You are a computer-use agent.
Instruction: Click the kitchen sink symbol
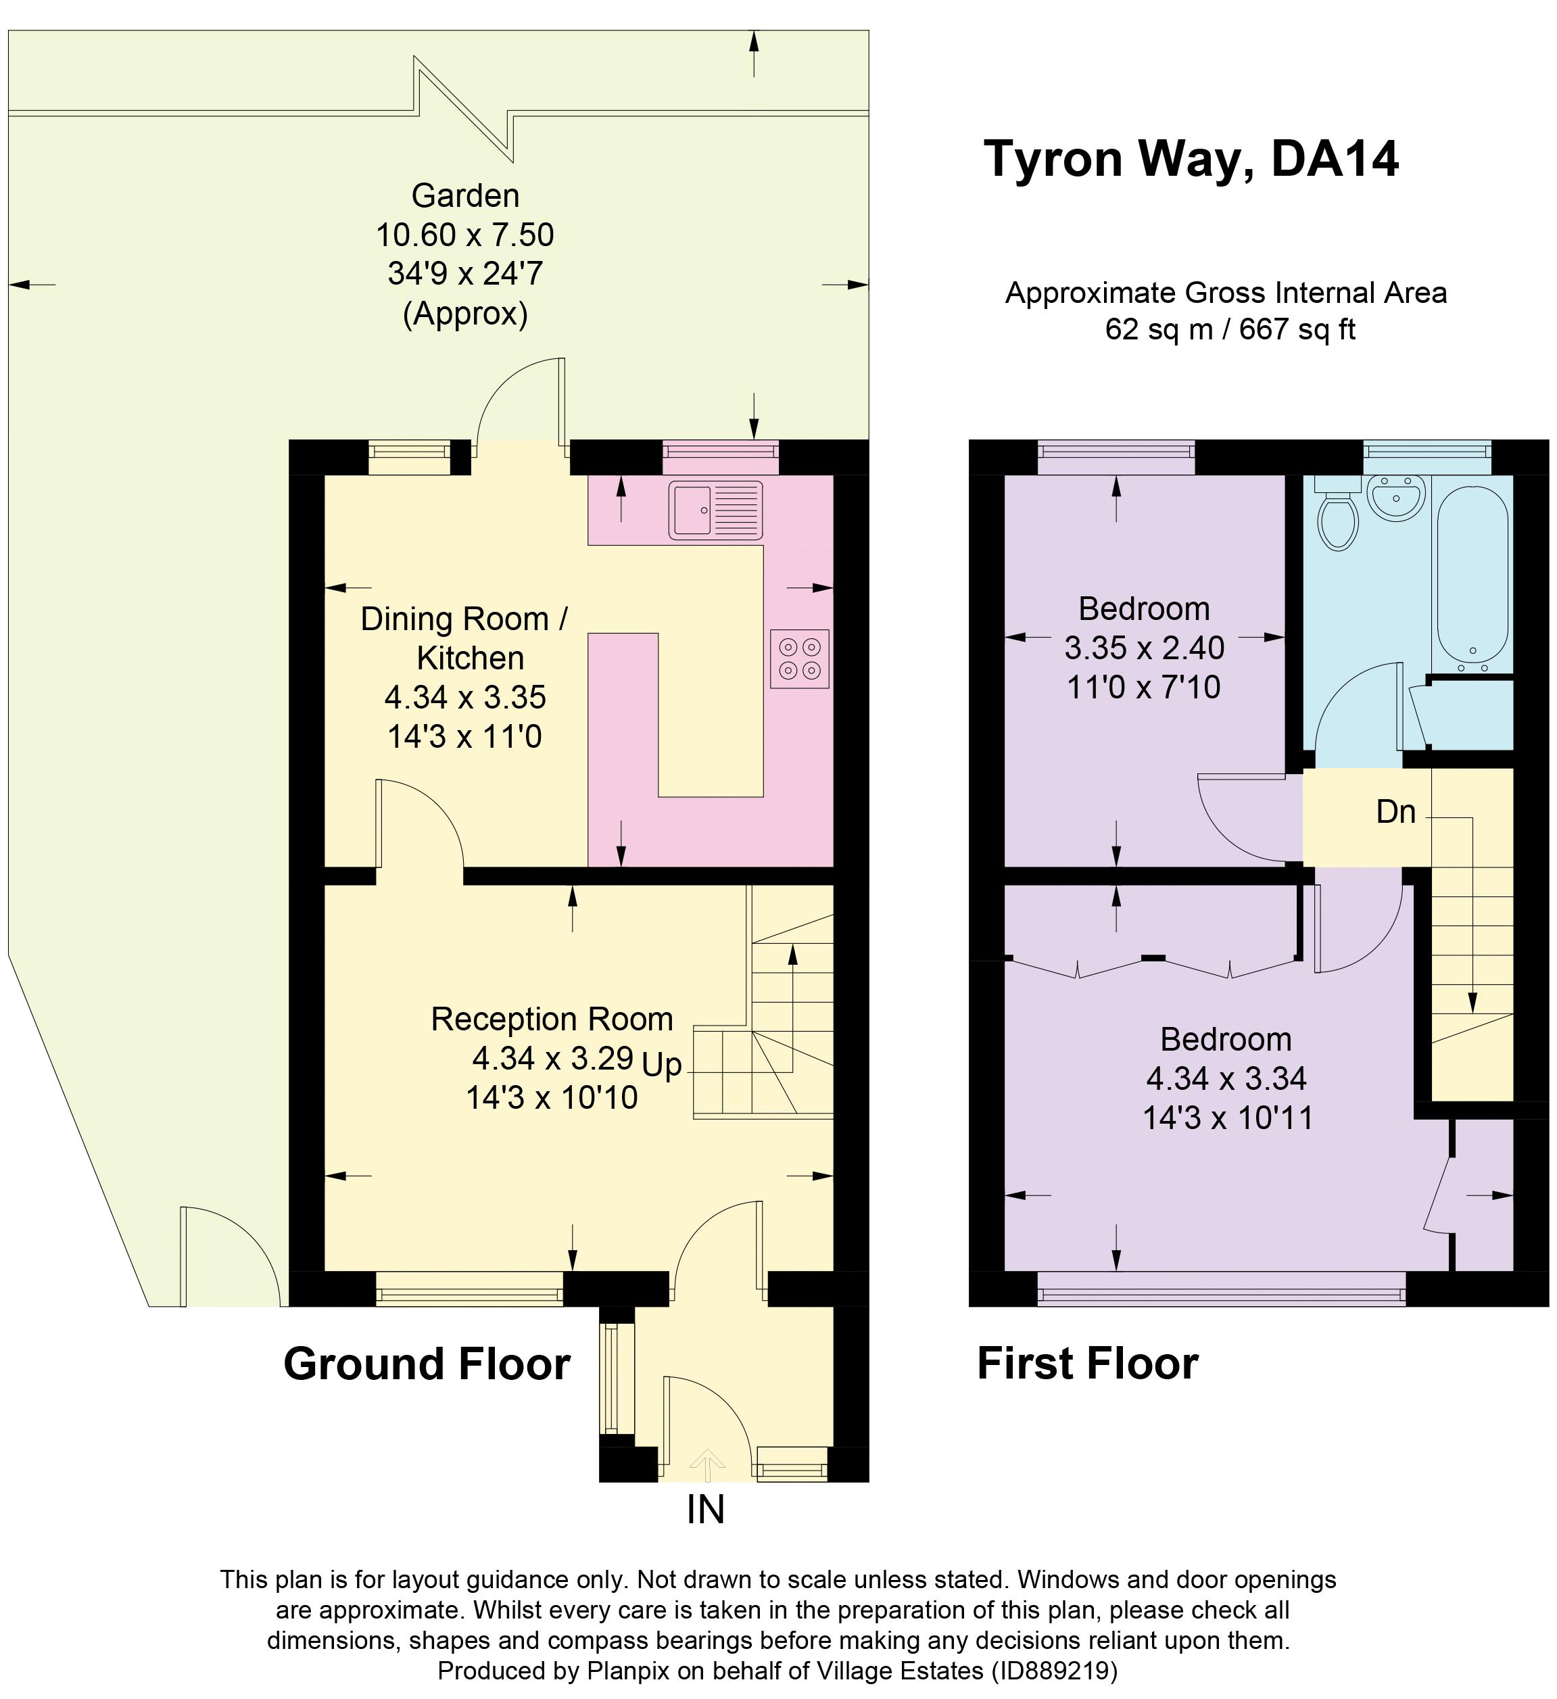click(x=715, y=510)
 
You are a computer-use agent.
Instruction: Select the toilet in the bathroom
click(x=1338, y=517)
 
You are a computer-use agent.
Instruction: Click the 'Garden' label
click(x=465, y=195)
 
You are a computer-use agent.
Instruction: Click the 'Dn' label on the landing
click(x=1395, y=811)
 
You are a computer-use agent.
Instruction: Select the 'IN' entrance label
click(x=705, y=1510)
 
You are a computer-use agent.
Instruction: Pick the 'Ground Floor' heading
click(x=427, y=1364)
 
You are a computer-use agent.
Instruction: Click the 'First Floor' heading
click(x=1087, y=1364)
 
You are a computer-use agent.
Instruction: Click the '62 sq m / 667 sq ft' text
click(x=1229, y=329)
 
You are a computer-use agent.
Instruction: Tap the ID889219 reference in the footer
click(x=1053, y=1671)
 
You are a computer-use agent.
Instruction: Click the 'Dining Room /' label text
click(x=464, y=619)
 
